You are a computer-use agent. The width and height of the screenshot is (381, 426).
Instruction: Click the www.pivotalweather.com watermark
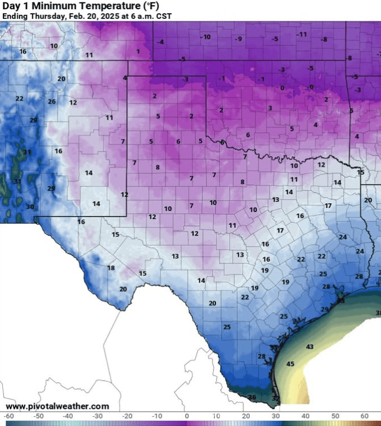pos(57,406)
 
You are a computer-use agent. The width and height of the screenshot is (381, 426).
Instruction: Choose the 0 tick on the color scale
pos(187,415)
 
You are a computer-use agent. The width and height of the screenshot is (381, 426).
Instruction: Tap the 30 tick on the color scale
pos(275,415)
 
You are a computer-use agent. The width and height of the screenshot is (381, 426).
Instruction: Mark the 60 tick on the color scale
pos(363,415)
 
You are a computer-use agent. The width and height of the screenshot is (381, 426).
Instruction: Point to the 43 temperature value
pos(309,347)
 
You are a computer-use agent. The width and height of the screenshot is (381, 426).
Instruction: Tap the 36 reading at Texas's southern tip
pos(252,397)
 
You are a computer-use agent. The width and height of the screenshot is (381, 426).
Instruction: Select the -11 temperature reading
pos(302,34)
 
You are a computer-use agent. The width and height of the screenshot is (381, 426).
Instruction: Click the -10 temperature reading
pos(205,37)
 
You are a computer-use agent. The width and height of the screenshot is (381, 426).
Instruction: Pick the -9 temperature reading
pos(239,38)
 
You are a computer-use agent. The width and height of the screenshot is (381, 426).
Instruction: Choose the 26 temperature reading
pos(52,102)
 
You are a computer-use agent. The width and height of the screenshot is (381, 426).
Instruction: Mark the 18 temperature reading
pos(111,268)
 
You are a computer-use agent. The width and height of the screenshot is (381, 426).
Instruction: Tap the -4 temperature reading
pos(161,42)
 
